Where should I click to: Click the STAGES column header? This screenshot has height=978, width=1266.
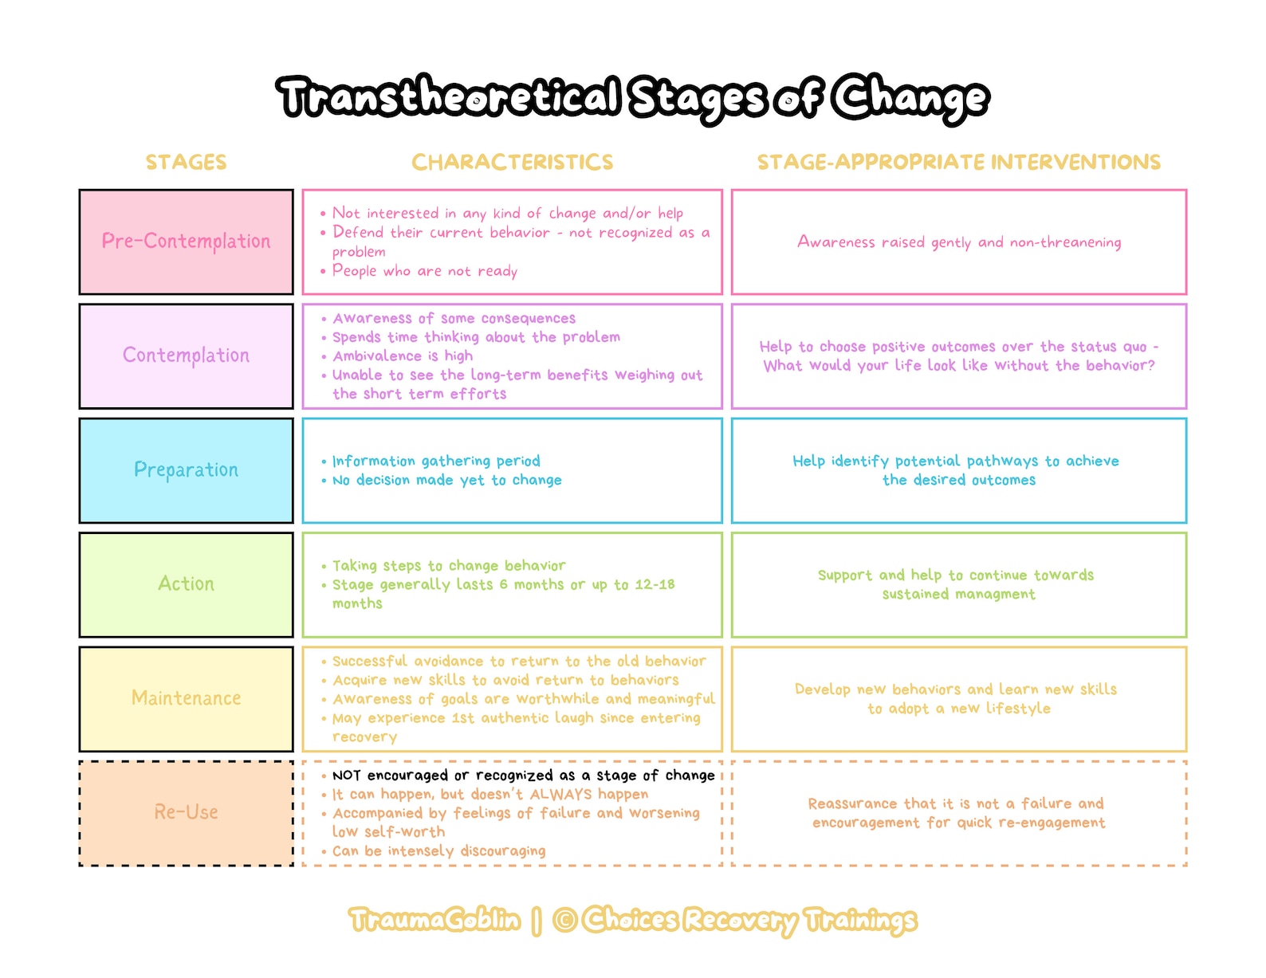[x=186, y=163]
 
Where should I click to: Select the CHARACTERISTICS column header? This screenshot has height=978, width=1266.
[x=512, y=163]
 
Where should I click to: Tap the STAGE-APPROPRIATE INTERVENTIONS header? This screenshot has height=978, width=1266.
[x=958, y=163]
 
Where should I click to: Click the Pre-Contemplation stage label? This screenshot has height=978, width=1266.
[x=186, y=242]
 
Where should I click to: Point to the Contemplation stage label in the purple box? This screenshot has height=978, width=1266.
[x=186, y=355]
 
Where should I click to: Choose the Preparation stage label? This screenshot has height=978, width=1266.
[x=186, y=470]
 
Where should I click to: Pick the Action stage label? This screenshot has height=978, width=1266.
[x=186, y=584]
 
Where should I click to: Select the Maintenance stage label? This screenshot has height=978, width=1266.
[x=186, y=698]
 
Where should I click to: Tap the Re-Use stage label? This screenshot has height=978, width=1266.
[x=186, y=812]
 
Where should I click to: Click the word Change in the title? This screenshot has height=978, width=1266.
[x=910, y=98]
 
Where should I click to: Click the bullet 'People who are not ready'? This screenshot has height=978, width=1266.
[x=424, y=271]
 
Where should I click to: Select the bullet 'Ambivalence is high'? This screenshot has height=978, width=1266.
[x=402, y=356]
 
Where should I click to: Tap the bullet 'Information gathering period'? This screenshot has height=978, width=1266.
[x=435, y=461]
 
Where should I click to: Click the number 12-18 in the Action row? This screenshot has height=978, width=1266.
[x=655, y=584]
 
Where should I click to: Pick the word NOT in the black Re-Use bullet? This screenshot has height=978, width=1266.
[x=346, y=776]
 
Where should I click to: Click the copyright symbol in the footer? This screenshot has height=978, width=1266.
[x=564, y=920]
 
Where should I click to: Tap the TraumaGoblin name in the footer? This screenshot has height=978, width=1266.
[x=434, y=920]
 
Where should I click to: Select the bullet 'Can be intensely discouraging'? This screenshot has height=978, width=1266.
[x=438, y=851]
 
